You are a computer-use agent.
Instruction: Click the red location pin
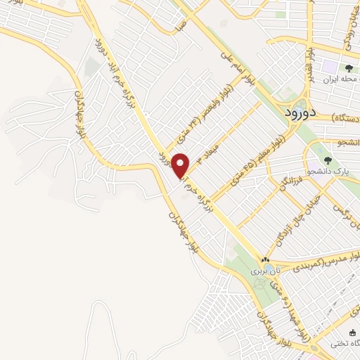coord(181,165)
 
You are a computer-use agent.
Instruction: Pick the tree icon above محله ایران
coord(349,69)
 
